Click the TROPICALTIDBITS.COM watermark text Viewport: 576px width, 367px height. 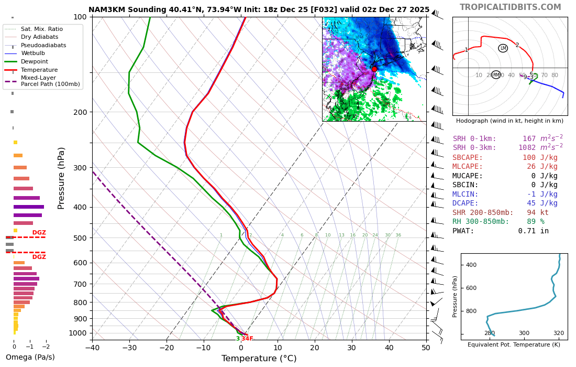pos(510,7)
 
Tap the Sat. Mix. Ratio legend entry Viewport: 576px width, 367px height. pos(42,29)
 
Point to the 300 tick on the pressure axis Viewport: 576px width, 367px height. pos(80,168)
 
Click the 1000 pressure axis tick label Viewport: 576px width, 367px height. pos(78,333)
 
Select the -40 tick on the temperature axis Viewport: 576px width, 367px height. pos(92,347)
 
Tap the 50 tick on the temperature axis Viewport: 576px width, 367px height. pos(426,347)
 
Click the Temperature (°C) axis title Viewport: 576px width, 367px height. pos(259,359)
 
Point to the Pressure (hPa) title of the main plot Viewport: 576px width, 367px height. pos(62,178)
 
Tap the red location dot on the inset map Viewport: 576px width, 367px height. pos(374,69)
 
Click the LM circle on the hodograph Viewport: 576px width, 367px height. pos(503,48)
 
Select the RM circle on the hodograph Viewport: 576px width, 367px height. pos(496,75)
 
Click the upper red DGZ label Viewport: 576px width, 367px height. pos(39,233)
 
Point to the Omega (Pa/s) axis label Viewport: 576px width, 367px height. pos(30,358)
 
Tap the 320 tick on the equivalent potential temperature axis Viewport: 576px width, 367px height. pos(559,333)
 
